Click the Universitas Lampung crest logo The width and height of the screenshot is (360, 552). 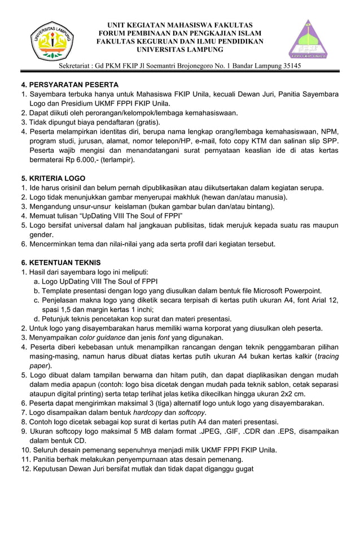[x=51, y=41]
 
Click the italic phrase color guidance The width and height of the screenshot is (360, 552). [x=102, y=337]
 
